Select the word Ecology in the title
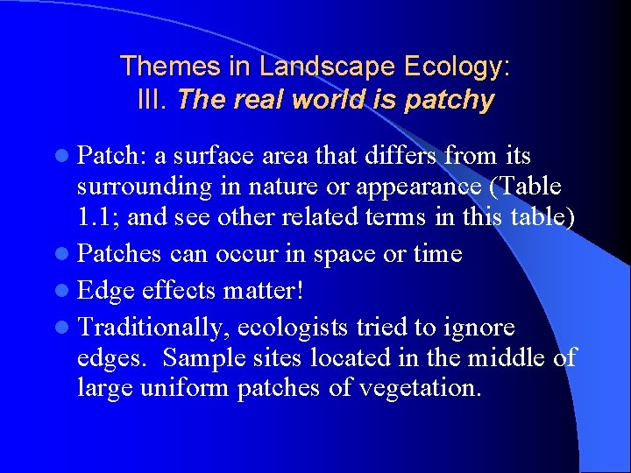click(x=458, y=66)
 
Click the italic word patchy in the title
click(x=450, y=100)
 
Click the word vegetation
click(x=427, y=388)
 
